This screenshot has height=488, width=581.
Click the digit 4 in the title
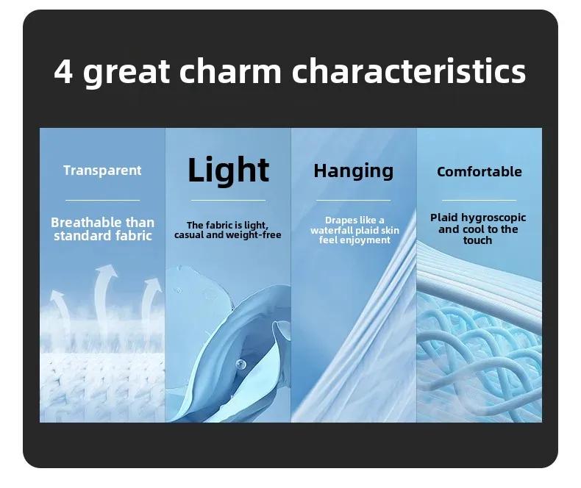tap(63, 72)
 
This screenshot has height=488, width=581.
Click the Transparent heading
tap(102, 171)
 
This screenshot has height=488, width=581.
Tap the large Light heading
tap(228, 170)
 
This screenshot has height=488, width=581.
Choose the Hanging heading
tap(354, 171)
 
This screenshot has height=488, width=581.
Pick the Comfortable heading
tap(479, 171)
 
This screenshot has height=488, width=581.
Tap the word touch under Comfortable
tap(477, 240)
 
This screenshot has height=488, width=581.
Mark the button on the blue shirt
tap(240, 364)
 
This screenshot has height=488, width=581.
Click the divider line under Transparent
tap(103, 201)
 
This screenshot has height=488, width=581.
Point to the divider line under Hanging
tap(354, 201)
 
